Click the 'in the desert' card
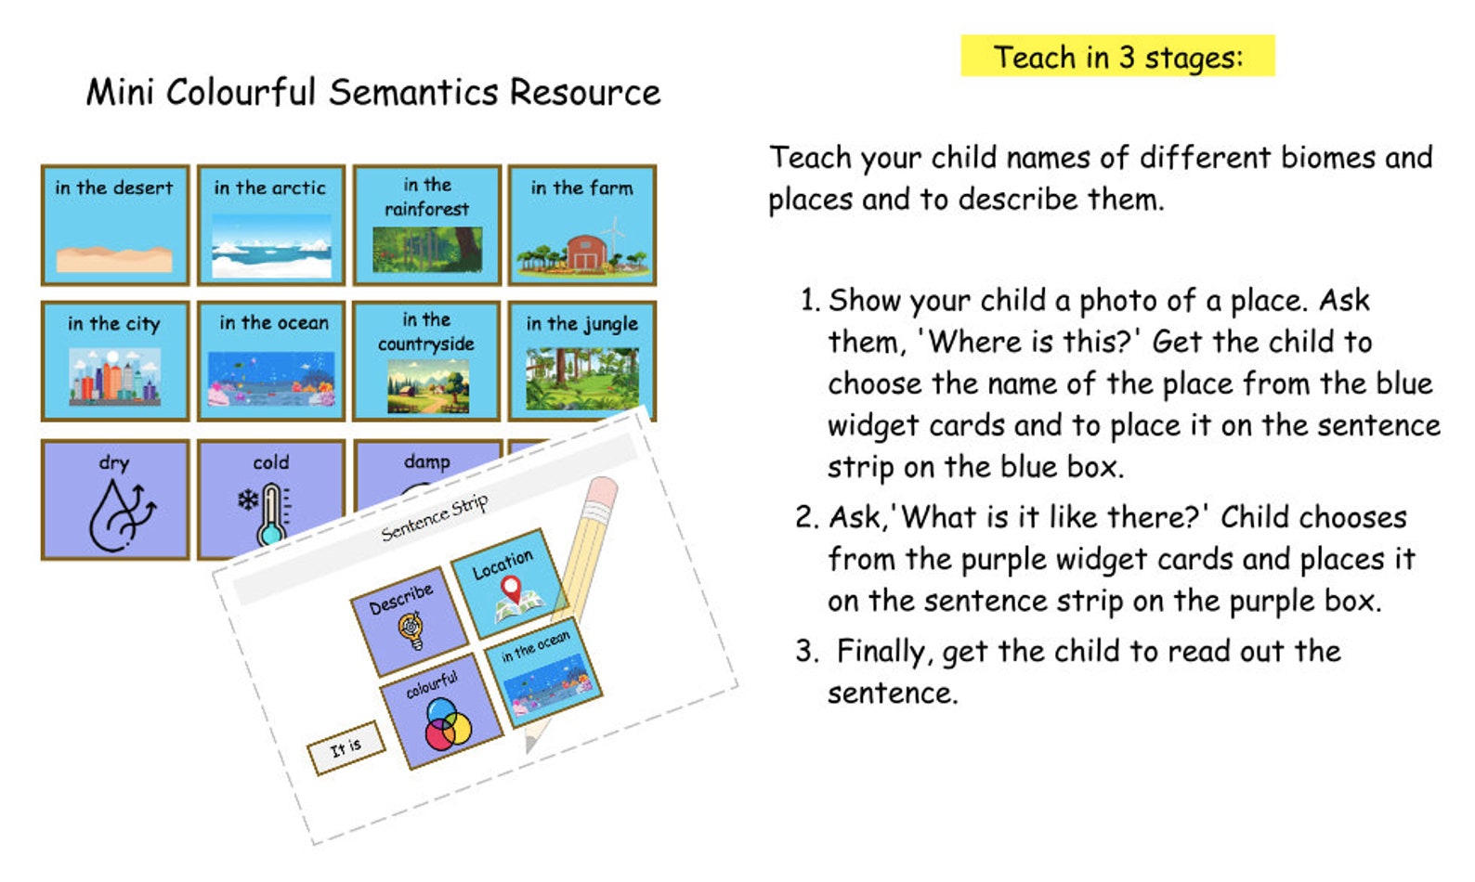115,225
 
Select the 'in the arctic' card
270,225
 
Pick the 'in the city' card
115,360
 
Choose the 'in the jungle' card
582,360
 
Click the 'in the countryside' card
426,360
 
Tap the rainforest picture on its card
426,249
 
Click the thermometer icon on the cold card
270,516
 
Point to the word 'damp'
426,461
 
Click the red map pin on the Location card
510,588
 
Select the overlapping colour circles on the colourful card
448,725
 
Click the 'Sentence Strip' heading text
434,518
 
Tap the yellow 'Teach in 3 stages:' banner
1117,57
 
